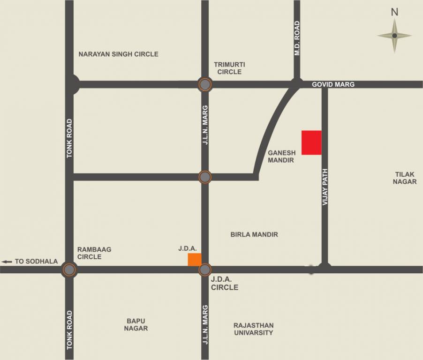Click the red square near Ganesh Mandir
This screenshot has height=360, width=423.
point(311,142)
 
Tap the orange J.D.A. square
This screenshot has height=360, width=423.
point(195,259)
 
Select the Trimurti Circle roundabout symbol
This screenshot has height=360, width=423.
point(205,85)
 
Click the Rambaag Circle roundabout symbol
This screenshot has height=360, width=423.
point(69,270)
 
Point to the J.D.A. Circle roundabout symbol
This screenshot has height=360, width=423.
point(205,270)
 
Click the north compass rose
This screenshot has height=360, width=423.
point(394,36)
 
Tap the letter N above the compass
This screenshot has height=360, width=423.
point(394,12)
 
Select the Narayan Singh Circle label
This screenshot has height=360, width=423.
point(118,54)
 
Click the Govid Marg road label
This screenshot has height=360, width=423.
point(333,84)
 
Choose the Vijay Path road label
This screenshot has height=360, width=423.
point(325,186)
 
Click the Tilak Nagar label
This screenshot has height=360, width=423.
point(405,178)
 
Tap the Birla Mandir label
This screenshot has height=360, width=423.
point(254,234)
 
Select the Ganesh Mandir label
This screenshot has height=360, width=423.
point(281,156)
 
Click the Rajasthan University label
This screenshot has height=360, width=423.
point(253,329)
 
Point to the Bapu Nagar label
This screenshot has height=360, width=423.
point(136,324)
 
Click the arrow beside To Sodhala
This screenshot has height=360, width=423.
point(7,262)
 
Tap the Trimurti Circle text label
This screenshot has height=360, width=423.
point(229,68)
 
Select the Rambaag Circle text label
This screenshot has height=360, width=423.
point(94,253)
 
